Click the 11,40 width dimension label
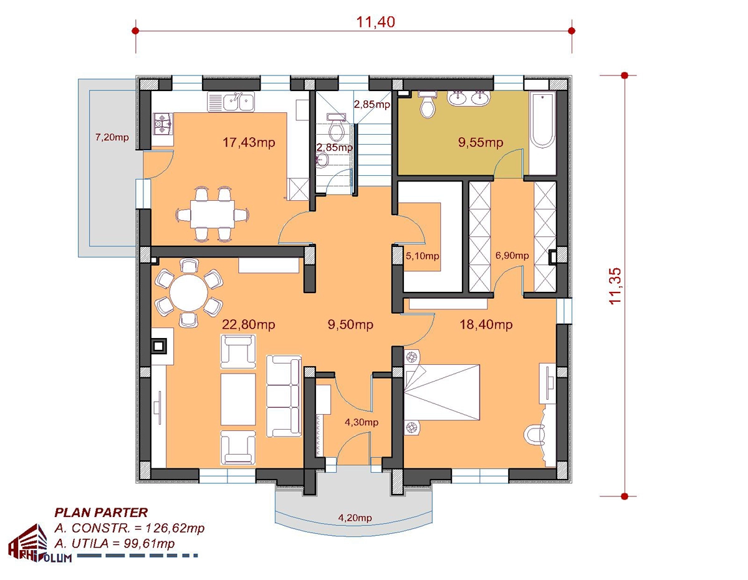click(375, 22)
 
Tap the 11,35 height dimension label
click(615, 286)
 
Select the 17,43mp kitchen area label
click(249, 142)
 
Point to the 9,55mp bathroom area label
click(481, 142)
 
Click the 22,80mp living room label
click(249, 324)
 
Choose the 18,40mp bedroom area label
click(486, 324)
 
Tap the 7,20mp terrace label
click(112, 137)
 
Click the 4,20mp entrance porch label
click(355, 518)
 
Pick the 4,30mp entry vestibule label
click(362, 422)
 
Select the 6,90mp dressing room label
click(512, 255)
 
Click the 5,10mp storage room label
click(423, 256)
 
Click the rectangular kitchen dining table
click(213, 214)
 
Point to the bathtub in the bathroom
click(542, 120)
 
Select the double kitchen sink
click(231, 102)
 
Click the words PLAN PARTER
click(101, 513)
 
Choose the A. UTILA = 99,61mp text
click(114, 543)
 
